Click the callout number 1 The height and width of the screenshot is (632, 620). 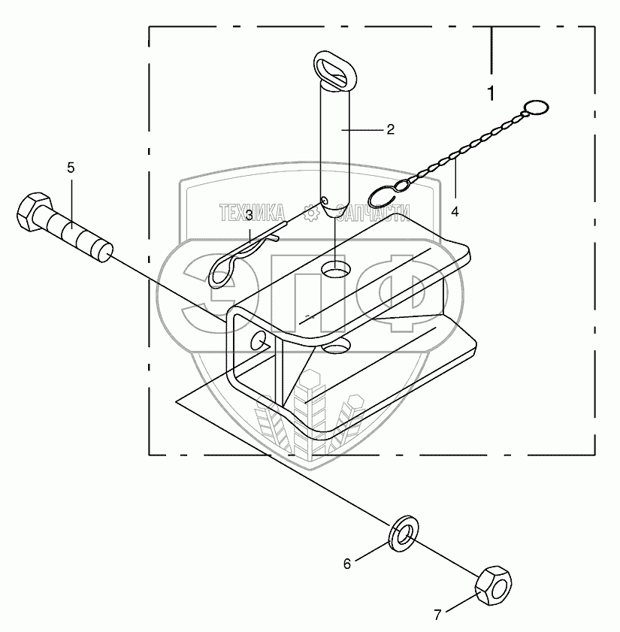pyautogui.click(x=491, y=95)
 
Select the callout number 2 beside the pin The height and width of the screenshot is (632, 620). pyautogui.click(x=390, y=129)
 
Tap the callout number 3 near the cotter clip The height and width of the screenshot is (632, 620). pyautogui.click(x=248, y=216)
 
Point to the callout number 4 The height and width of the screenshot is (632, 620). pyautogui.click(x=455, y=213)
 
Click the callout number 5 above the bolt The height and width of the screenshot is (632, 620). pyautogui.click(x=71, y=168)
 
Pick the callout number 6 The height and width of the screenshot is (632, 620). pyautogui.click(x=347, y=564)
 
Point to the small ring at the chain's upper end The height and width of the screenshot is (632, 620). pyautogui.click(x=534, y=109)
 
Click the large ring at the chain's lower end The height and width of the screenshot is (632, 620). pyautogui.click(x=386, y=196)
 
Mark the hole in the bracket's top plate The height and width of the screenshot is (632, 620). pyautogui.click(x=336, y=269)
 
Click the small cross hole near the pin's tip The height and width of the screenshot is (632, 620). pyautogui.click(x=325, y=201)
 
